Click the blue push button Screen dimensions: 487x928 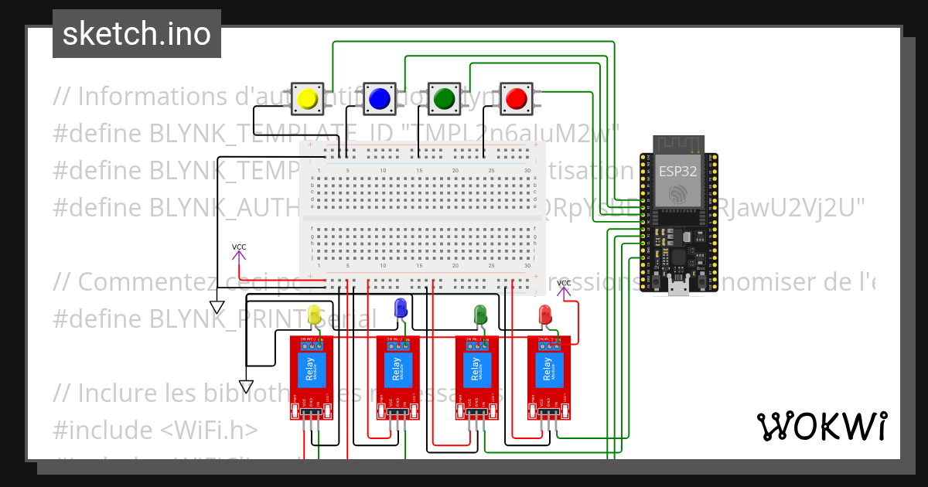click(x=379, y=99)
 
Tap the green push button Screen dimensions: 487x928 click(x=444, y=99)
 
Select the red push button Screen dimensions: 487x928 click(x=515, y=99)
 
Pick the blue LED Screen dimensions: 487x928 click(x=401, y=308)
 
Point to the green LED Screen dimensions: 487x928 click(x=480, y=314)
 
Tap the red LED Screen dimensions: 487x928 click(x=544, y=314)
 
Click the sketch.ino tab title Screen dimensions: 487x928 click(x=137, y=34)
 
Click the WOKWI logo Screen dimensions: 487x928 click(x=821, y=426)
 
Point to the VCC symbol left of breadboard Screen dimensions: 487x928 click(x=239, y=248)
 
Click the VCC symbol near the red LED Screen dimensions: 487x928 click(x=564, y=284)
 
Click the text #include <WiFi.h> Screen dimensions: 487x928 click(x=156, y=429)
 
